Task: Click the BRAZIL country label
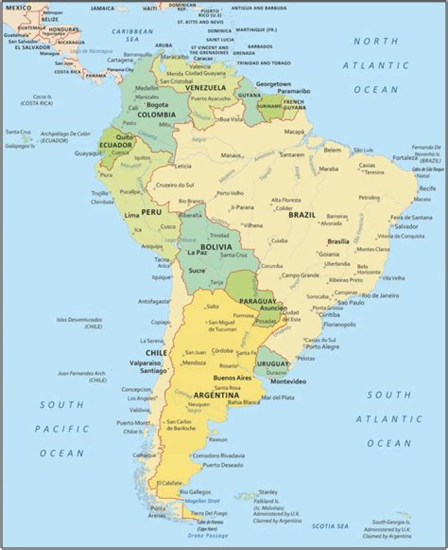point(302,215)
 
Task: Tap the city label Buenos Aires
point(232,377)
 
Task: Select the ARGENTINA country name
point(217,396)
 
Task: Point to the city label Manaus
point(231,155)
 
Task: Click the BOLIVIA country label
point(216,247)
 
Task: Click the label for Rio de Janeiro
point(380,295)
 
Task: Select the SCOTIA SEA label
point(330,526)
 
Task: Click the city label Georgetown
point(274,83)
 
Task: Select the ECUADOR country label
point(115,145)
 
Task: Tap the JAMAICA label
point(103,8)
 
